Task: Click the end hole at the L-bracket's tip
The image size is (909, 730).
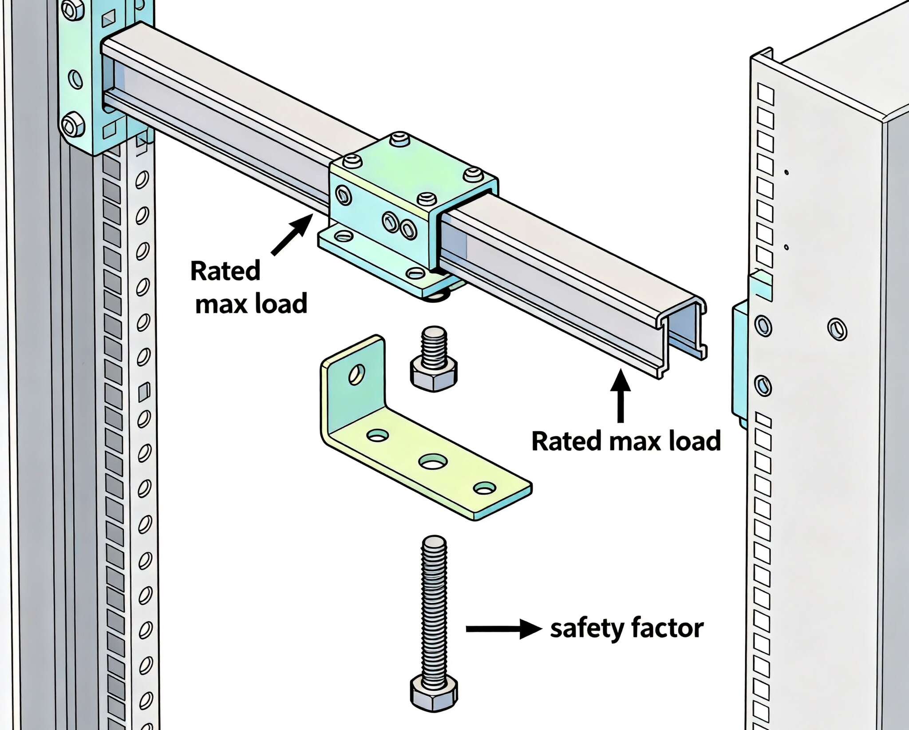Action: [x=484, y=488]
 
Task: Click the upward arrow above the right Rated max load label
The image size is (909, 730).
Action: [x=620, y=396]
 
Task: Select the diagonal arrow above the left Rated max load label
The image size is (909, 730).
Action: [x=291, y=234]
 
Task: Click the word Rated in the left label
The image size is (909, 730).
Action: [x=225, y=271]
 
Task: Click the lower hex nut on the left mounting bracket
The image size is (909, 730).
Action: [x=73, y=125]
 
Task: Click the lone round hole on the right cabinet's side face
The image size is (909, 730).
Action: [x=837, y=329]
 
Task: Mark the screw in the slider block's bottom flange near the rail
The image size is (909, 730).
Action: [x=415, y=273]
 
